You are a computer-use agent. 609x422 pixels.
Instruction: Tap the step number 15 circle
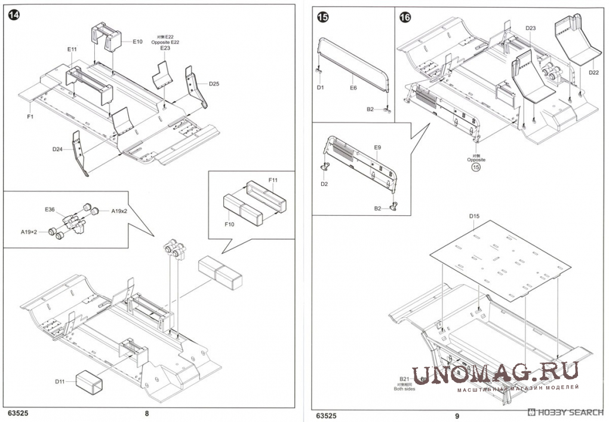coord(322,17)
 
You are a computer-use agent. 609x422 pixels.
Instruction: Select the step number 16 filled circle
coord(405,17)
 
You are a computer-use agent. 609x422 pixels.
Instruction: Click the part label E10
coord(137,41)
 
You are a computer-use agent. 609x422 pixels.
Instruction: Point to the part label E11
coord(72,49)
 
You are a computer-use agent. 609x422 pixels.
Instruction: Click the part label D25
coord(214,84)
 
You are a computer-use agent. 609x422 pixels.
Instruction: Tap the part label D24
coord(57,149)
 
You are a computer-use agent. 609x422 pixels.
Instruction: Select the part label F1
coord(29,117)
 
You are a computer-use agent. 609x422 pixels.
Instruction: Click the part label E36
coord(50,209)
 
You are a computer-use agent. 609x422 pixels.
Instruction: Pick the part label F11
coord(273,180)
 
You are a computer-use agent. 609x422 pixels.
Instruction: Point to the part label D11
coord(59,381)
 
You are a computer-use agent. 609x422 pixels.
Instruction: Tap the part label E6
coord(353,87)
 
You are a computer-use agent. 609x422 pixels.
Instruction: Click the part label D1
coord(321,87)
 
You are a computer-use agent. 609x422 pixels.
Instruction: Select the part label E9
coord(377,147)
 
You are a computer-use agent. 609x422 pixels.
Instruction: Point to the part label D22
coord(593,72)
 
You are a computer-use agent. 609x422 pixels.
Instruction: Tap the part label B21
coord(404,379)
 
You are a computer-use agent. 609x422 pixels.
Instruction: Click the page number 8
coord(147,414)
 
